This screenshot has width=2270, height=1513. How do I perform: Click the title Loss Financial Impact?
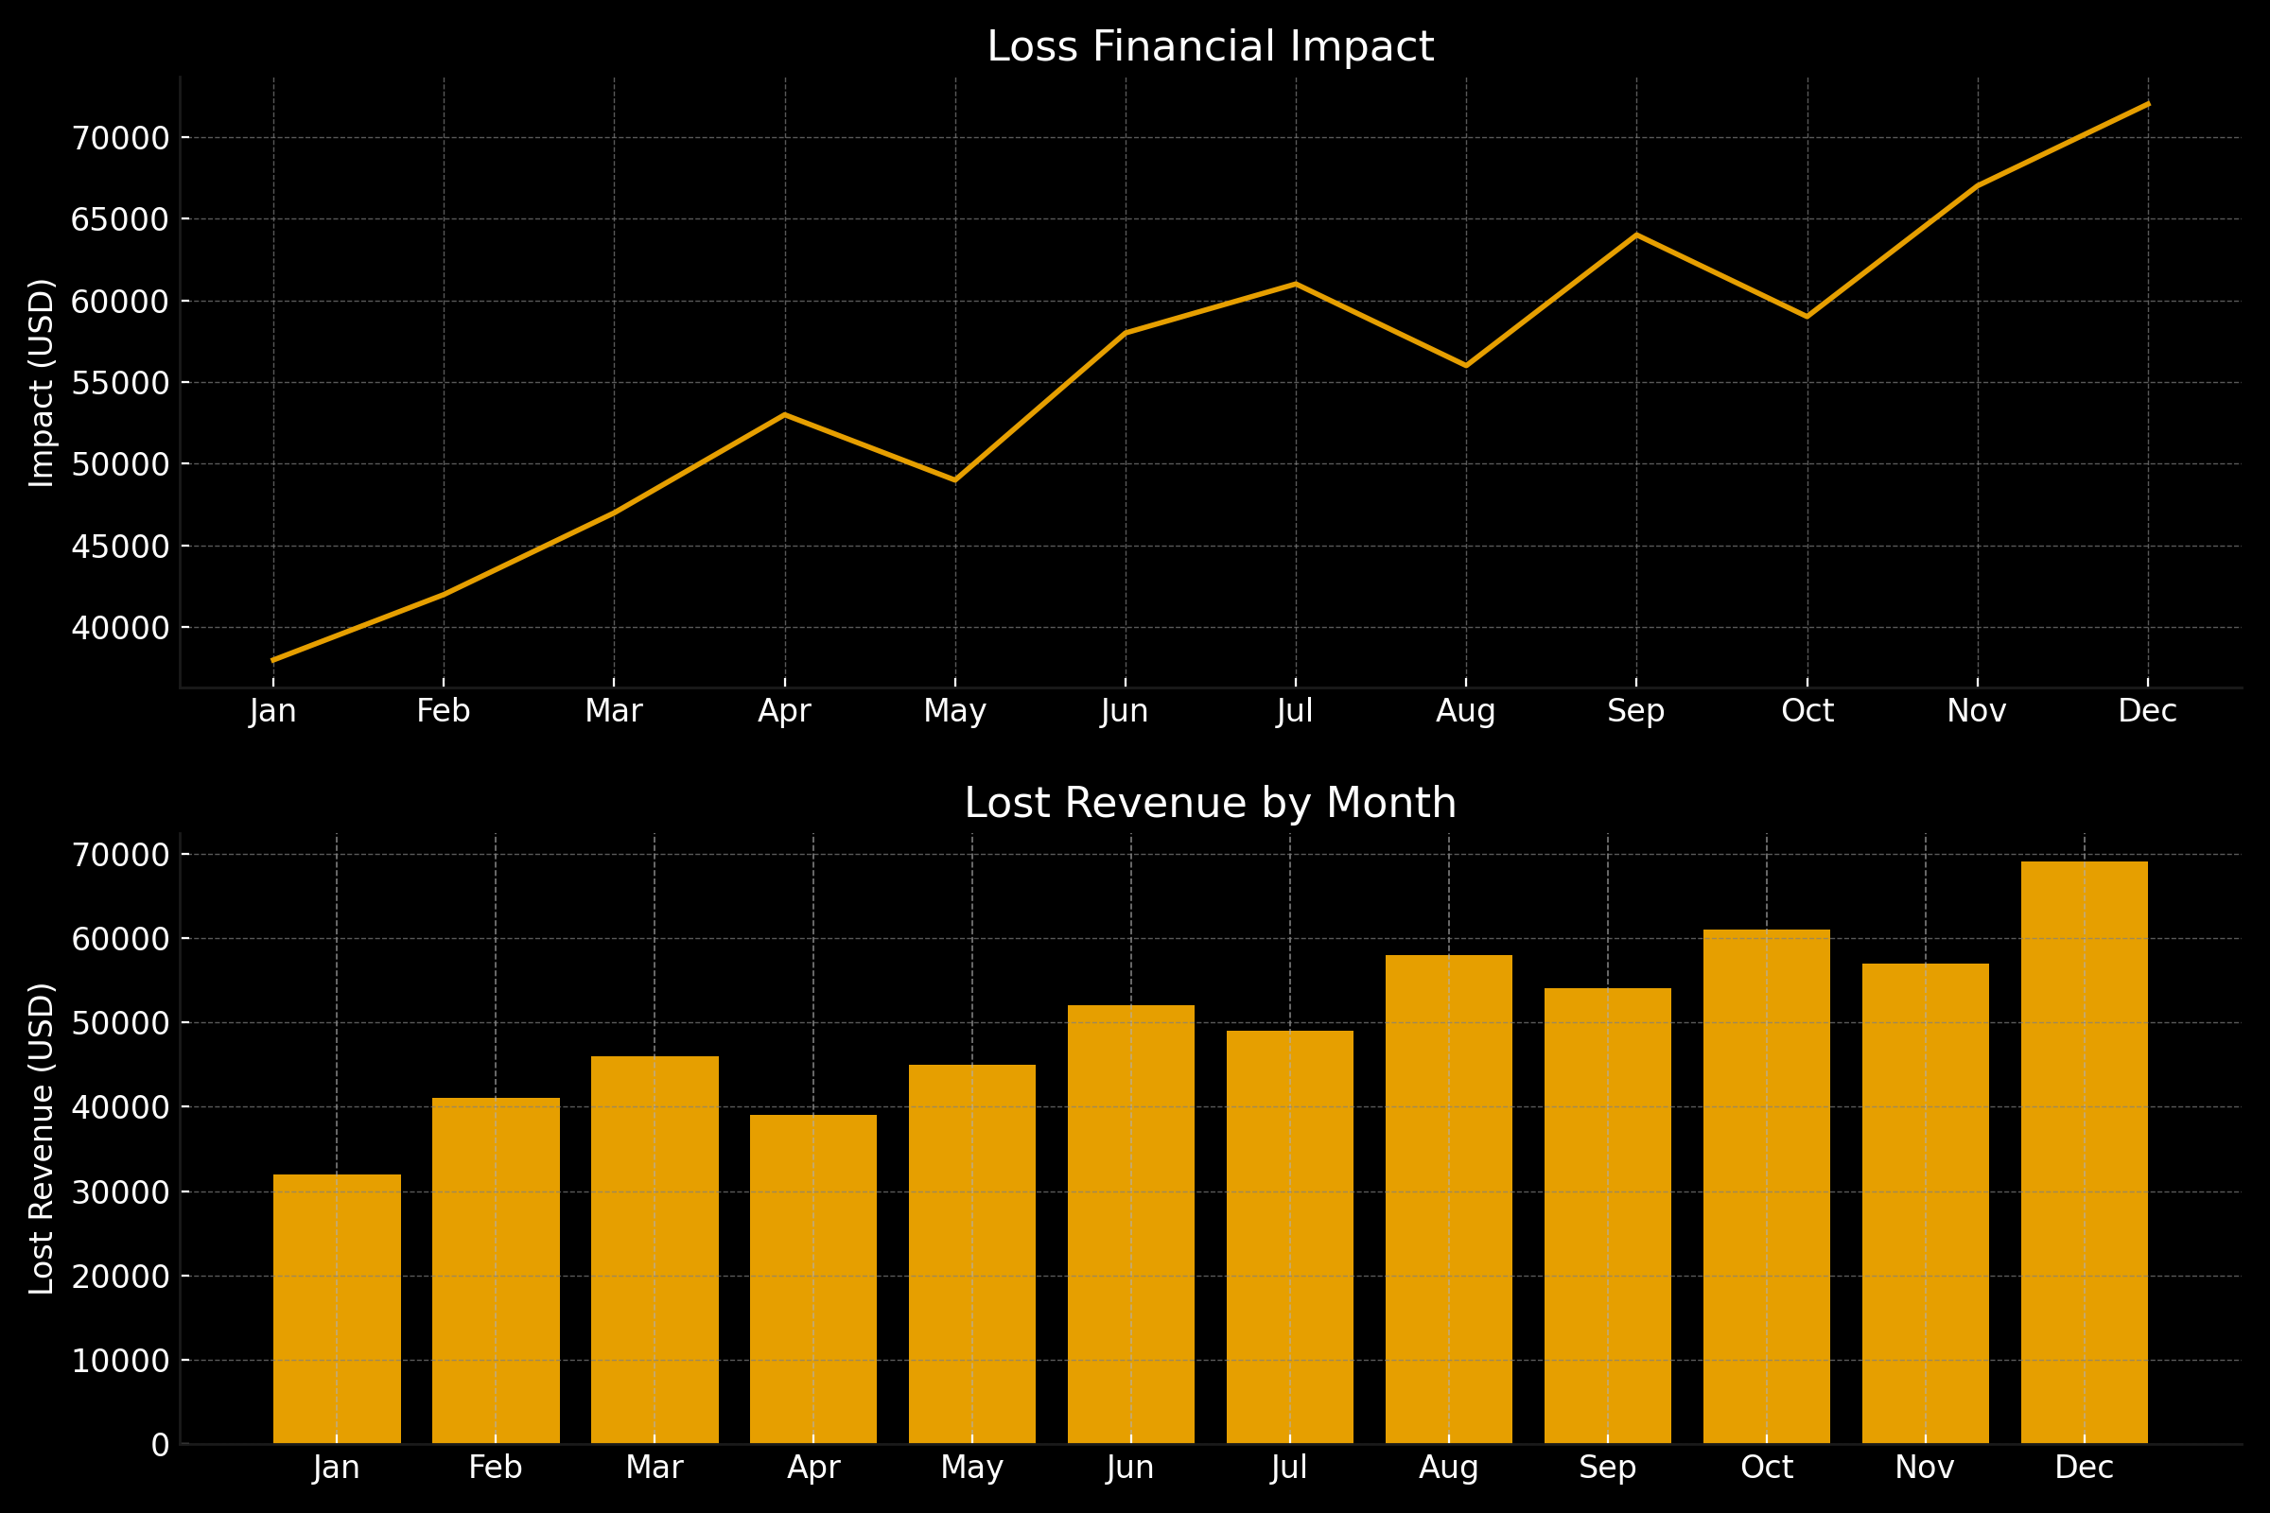1211,46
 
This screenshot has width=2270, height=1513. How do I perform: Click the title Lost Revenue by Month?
1211,803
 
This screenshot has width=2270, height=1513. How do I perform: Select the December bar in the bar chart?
2084,1152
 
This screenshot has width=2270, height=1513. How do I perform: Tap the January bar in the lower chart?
337,1309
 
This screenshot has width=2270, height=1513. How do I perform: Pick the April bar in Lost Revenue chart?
812,1278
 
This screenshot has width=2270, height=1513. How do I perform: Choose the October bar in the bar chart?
1766,1186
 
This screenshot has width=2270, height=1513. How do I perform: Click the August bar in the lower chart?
1449,1198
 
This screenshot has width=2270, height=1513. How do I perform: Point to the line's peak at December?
2147,104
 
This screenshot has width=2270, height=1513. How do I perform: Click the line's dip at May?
954,479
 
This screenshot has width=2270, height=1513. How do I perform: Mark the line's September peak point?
1636,235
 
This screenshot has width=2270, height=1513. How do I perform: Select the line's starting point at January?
273,660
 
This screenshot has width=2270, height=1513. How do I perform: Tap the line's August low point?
1466,366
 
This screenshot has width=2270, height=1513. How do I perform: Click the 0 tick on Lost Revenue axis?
160,1446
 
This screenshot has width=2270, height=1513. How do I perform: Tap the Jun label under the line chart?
1125,711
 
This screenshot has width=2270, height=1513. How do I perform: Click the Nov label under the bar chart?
1925,1468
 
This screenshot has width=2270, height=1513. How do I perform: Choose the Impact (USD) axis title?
42,383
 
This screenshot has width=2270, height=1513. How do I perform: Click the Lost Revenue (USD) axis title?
42,1139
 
